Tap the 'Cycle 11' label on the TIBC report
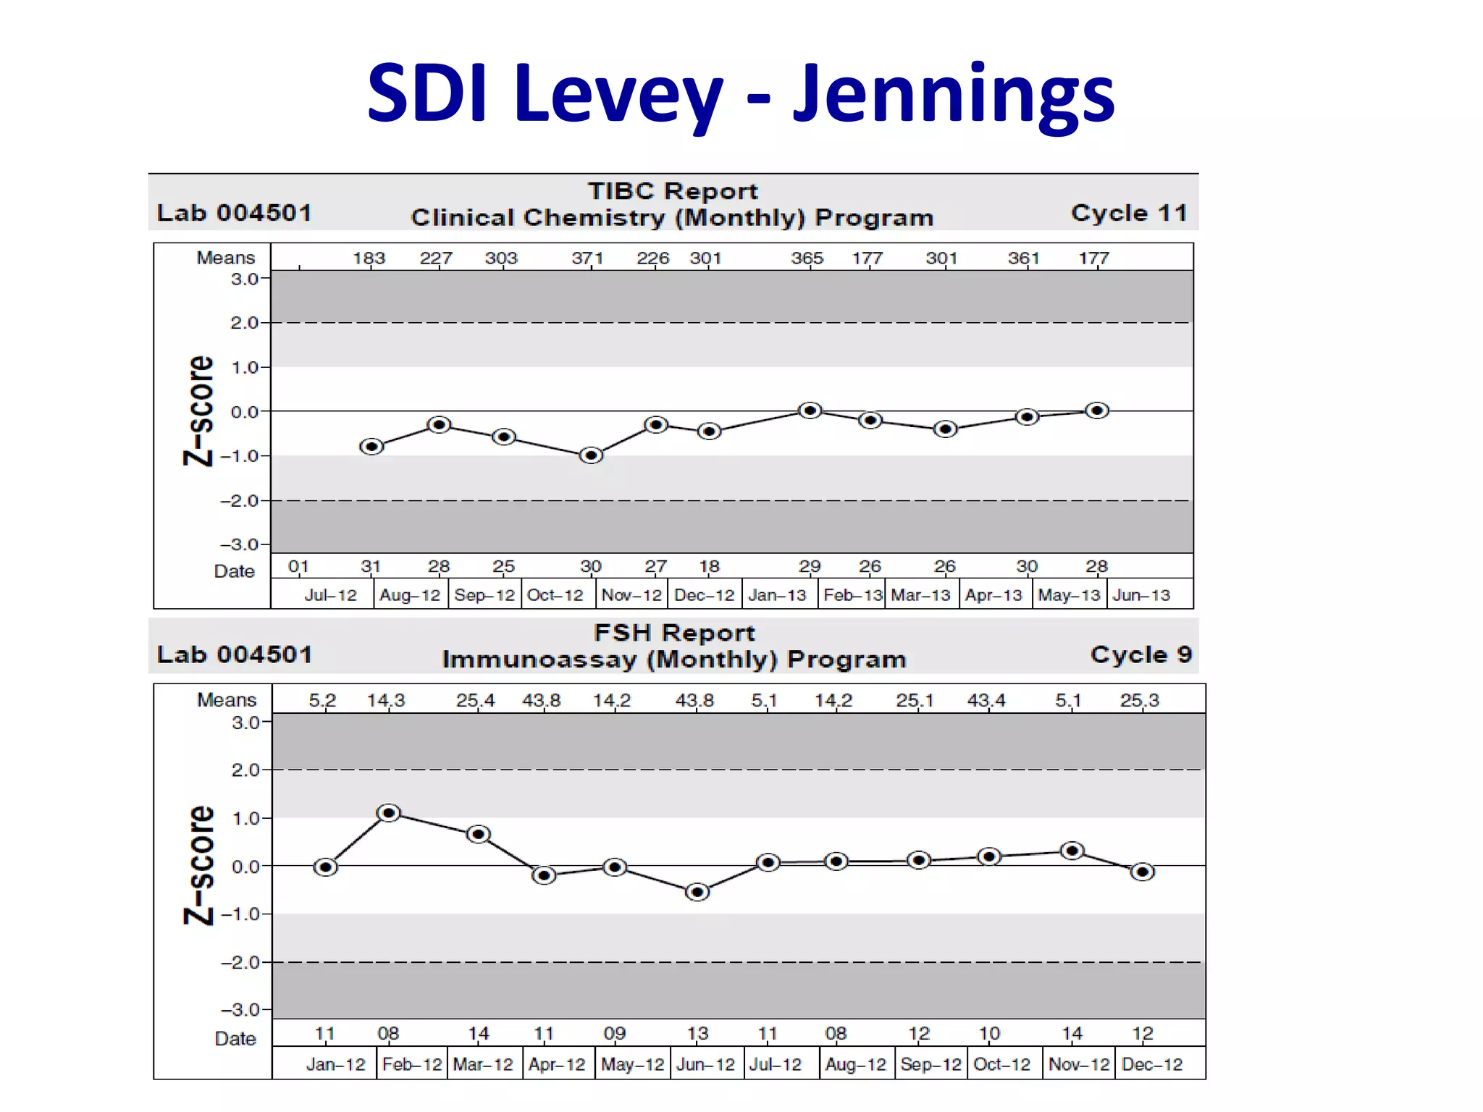pyautogui.click(x=1129, y=213)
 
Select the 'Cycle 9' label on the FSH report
pyautogui.click(x=1140, y=654)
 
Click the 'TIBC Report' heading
pyautogui.click(x=672, y=191)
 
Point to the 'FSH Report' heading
pyautogui.click(x=674, y=633)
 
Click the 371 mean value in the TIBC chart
pyautogui.click(x=587, y=258)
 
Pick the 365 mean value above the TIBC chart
pyautogui.click(x=807, y=258)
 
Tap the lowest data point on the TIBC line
pyautogui.click(x=592, y=455)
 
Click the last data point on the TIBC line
pyautogui.click(x=1097, y=410)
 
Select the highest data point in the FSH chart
pyautogui.click(x=389, y=813)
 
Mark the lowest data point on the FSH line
pyautogui.click(x=697, y=892)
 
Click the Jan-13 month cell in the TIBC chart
pyautogui.click(x=777, y=595)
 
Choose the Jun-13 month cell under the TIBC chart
pyautogui.click(x=1141, y=595)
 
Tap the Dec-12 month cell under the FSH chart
pyautogui.click(x=1152, y=1064)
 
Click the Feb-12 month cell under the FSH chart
pyautogui.click(x=411, y=1064)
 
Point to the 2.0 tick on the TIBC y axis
pyautogui.click(x=244, y=323)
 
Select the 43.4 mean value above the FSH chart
pyautogui.click(x=986, y=701)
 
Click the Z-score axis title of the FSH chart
pyautogui.click(x=199, y=865)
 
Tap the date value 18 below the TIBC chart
pyautogui.click(x=709, y=566)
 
